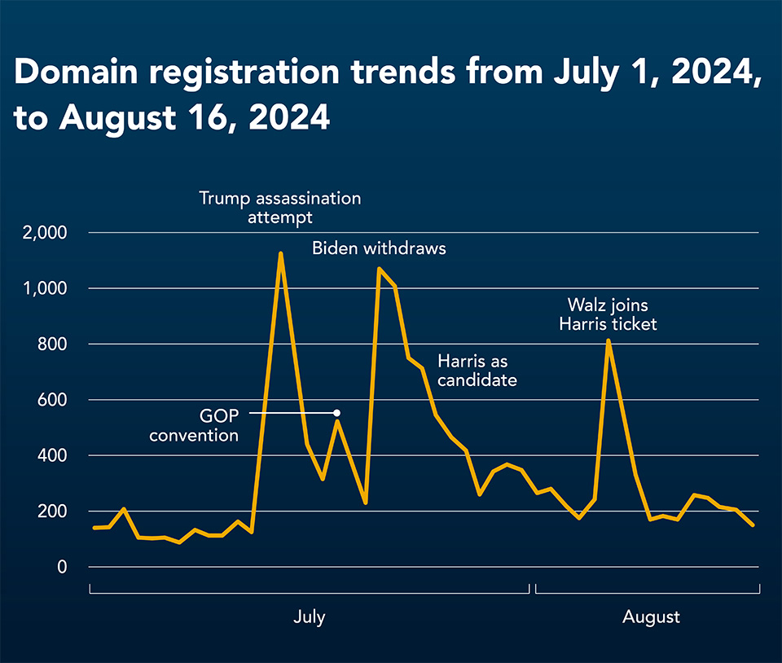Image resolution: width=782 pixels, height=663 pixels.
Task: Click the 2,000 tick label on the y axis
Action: (x=44, y=233)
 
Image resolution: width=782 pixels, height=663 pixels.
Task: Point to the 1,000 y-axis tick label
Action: (x=45, y=288)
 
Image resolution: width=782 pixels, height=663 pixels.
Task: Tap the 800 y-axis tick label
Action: (x=52, y=345)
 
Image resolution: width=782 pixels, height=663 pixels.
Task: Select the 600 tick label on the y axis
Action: (x=52, y=400)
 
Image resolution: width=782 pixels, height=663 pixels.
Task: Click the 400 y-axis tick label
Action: (x=52, y=455)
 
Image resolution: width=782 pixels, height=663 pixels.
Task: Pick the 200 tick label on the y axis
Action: (x=52, y=512)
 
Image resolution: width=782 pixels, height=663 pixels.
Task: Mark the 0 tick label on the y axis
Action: (x=62, y=567)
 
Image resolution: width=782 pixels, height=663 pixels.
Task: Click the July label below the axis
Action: (x=310, y=617)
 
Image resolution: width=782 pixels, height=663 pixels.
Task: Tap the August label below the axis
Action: (x=651, y=617)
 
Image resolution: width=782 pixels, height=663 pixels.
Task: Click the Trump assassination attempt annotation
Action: (x=279, y=208)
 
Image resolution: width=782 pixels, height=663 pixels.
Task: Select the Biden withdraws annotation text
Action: (x=379, y=248)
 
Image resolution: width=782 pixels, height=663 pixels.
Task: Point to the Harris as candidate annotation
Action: (x=477, y=371)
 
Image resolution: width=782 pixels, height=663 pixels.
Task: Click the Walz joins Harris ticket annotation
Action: (x=608, y=314)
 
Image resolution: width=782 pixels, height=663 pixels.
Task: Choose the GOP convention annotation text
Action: (x=194, y=426)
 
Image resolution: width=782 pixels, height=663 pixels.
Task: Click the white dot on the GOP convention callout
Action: (x=337, y=413)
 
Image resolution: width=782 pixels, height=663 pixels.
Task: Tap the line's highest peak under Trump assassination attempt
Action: (x=281, y=254)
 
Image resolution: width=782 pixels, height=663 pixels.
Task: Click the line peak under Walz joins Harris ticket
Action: (x=608, y=341)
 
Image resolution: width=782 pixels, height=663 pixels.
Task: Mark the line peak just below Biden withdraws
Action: (x=380, y=269)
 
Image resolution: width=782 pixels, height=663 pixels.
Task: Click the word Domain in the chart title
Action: (x=76, y=72)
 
